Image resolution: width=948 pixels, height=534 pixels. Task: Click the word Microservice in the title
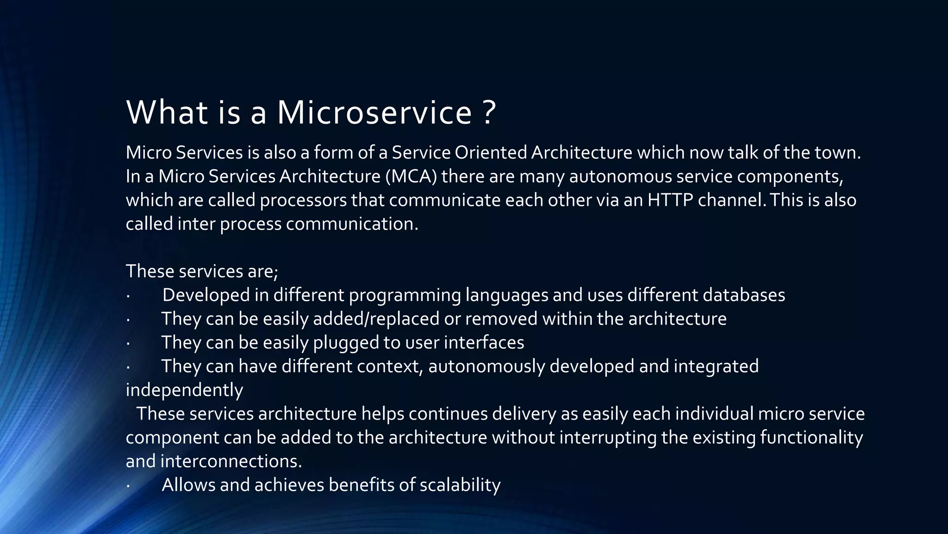click(374, 113)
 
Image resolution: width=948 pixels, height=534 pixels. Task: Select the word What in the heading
click(167, 113)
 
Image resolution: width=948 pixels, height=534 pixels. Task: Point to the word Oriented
click(491, 153)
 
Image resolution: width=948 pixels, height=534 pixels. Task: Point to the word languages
click(507, 296)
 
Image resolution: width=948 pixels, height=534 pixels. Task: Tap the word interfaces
click(484, 343)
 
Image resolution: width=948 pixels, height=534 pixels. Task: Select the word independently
click(184, 390)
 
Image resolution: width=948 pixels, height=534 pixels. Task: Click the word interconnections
click(231, 461)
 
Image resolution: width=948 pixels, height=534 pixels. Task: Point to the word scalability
click(460, 485)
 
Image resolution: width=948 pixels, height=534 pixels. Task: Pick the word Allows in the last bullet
click(188, 485)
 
